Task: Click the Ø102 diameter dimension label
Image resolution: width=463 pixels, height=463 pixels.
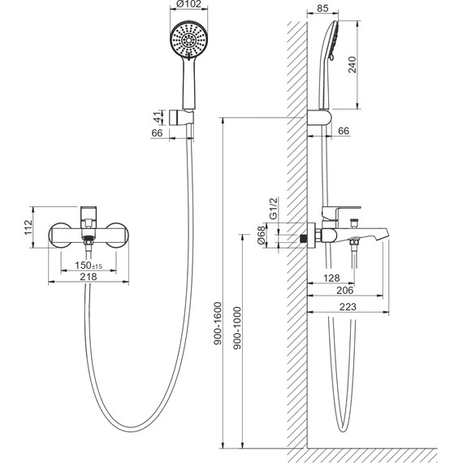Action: pos(188,4)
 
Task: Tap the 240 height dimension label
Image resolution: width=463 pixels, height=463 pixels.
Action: pos(353,65)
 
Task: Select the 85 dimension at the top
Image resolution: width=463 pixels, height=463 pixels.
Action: pos(322,8)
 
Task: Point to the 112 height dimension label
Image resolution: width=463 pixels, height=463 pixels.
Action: pos(28,227)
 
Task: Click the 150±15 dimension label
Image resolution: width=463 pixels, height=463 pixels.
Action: pos(89,265)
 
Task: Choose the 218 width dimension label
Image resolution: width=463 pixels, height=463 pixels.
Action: pos(89,277)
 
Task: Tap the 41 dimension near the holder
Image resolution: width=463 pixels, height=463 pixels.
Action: pos(158,117)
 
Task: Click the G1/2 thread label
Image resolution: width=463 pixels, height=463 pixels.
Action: pos(274,209)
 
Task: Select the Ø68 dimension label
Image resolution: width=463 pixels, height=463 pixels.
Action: pos(262,236)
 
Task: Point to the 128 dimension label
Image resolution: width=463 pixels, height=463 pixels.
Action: pos(331,278)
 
